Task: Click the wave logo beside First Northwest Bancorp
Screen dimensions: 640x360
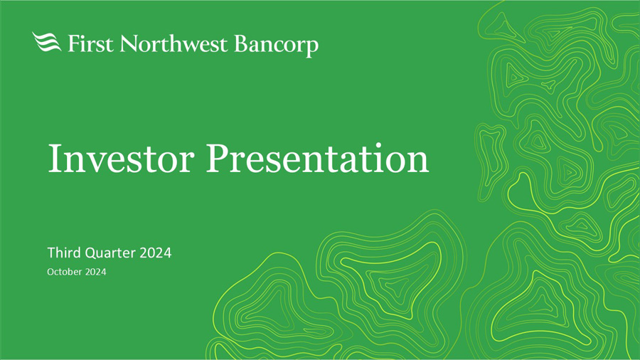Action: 46,42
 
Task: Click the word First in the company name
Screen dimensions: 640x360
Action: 90,43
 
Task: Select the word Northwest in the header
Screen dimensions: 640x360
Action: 174,43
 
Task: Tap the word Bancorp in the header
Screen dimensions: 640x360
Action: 277,46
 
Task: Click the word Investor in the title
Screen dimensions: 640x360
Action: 121,159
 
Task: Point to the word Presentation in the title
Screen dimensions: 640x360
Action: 318,159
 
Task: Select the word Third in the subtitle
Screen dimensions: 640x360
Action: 64,253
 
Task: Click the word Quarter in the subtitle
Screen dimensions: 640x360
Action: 110,253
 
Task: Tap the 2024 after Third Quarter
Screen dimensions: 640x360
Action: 156,253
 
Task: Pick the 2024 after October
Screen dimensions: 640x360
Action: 95,272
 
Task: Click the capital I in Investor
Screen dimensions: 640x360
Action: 55,159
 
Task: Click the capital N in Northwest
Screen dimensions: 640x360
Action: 128,43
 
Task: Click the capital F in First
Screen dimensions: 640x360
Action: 73,43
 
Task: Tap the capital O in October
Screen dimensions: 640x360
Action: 51,272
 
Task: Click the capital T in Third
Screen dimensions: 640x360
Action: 51,253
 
